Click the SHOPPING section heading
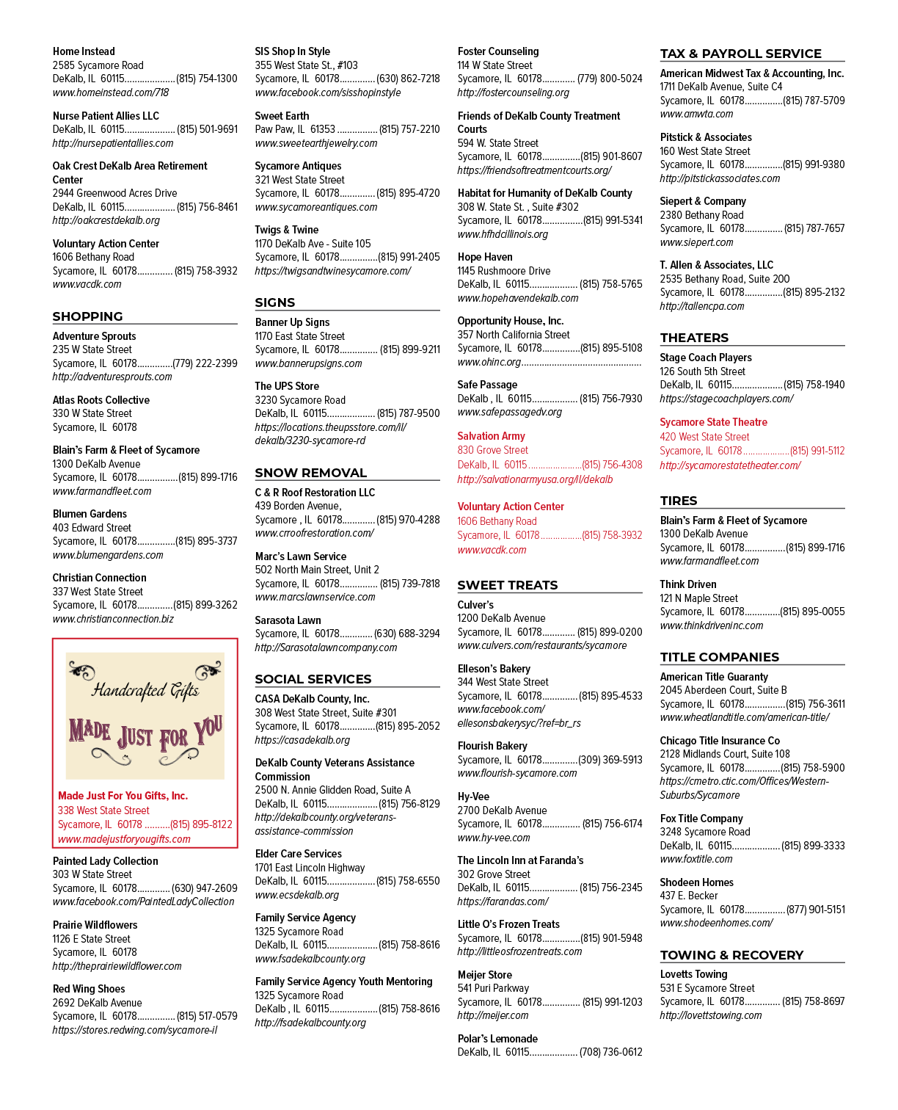[x=87, y=316]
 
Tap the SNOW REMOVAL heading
[x=310, y=473]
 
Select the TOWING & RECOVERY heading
[x=731, y=955]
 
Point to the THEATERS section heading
[x=694, y=338]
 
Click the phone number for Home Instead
[x=207, y=79]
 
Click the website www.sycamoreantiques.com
[x=315, y=207]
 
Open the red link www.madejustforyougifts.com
[x=124, y=839]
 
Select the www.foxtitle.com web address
[x=696, y=859]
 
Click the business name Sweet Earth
[x=282, y=116]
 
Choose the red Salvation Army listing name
[x=491, y=435]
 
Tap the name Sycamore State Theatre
[x=713, y=422]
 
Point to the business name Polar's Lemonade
[x=497, y=1039]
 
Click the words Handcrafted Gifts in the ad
[x=145, y=691]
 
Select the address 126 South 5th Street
[x=702, y=371]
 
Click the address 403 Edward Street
[x=92, y=528]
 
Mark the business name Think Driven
[x=687, y=584]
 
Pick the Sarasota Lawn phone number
[x=406, y=634]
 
